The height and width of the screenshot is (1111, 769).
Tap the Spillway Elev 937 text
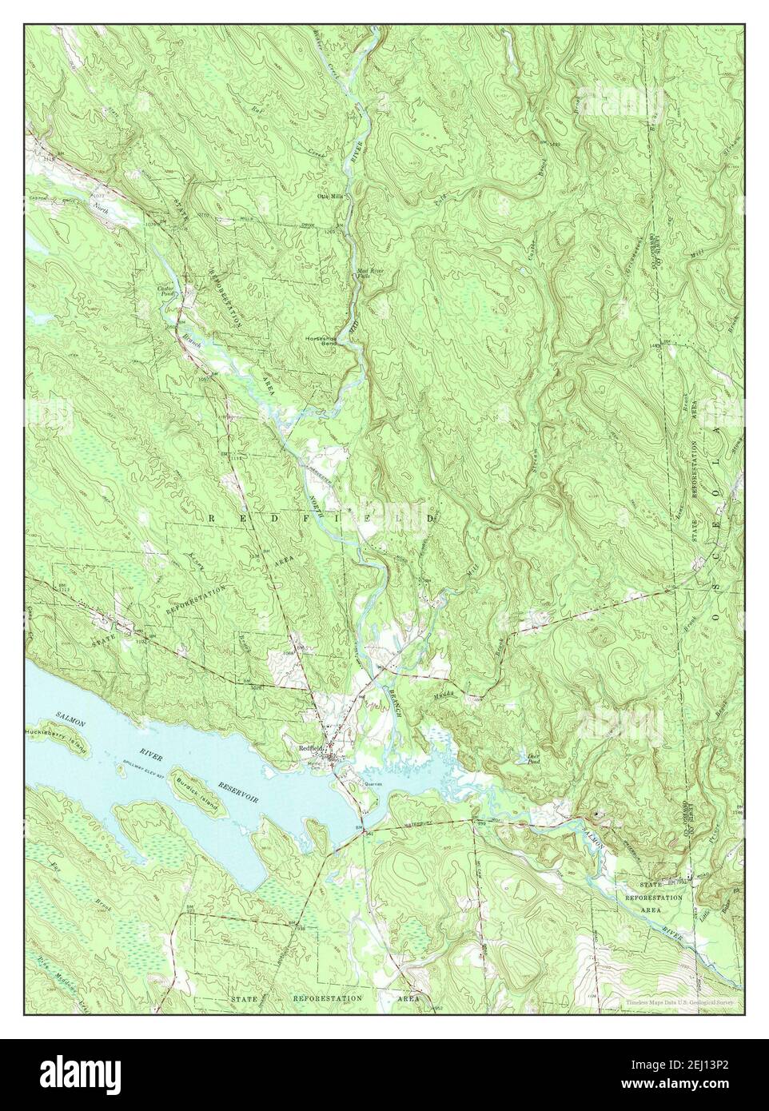[132, 760]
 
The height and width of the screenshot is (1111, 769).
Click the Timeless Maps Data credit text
[679, 1001]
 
